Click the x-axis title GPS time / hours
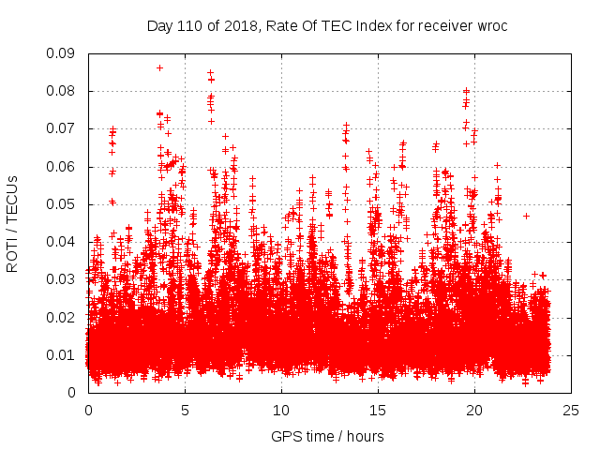(x=327, y=436)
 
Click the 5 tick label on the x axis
(x=185, y=410)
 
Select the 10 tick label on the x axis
(x=281, y=410)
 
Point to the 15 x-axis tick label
(x=378, y=410)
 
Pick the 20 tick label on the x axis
(x=474, y=410)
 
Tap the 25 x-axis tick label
(x=571, y=410)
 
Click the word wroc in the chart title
(x=491, y=25)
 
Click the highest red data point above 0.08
(x=159, y=67)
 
